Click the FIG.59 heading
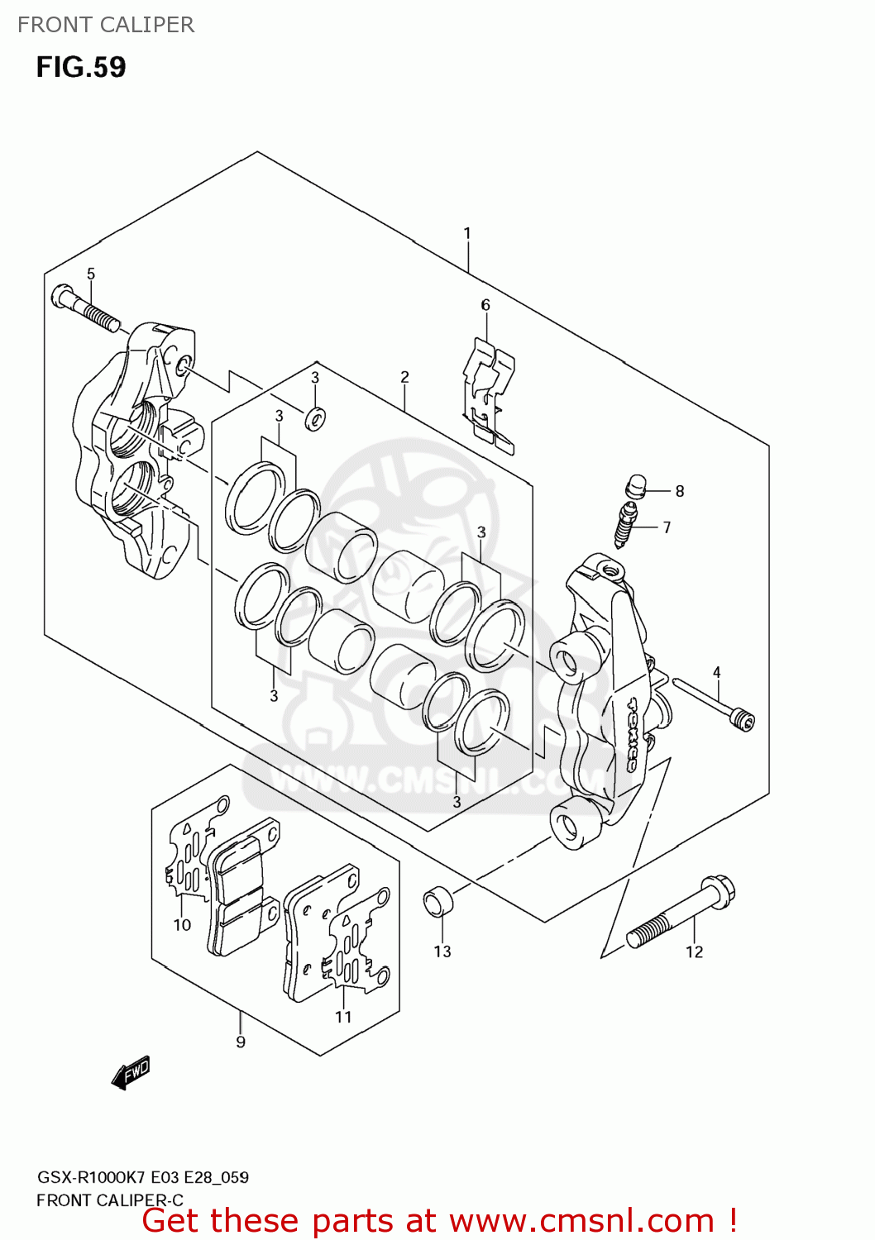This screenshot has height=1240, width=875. pos(81,67)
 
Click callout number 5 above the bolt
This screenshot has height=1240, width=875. pos(91,274)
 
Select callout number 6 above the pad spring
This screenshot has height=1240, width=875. pos(485,305)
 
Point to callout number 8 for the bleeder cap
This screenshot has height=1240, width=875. pos(680,491)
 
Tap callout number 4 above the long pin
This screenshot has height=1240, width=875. pos(717,673)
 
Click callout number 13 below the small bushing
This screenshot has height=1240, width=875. pos(442,951)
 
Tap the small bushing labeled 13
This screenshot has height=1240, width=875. pos(438,901)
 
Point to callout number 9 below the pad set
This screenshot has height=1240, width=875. pos(241,1042)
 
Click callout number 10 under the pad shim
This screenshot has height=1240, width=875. pos(182,925)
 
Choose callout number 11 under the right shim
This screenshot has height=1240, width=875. pos(343,1017)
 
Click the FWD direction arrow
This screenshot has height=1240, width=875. pos(131,1072)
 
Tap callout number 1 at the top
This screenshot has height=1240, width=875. pos(467,234)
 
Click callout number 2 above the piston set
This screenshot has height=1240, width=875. pos(404,377)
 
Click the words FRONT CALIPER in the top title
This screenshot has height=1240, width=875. pos(106,25)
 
